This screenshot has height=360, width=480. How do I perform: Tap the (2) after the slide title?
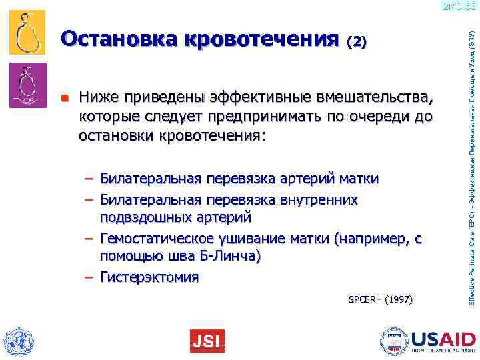[357, 41]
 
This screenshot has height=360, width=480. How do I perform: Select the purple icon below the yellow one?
[27, 85]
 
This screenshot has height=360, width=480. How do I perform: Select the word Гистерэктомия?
[149, 277]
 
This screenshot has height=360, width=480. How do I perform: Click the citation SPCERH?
[365, 300]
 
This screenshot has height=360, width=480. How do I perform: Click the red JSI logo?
[207, 341]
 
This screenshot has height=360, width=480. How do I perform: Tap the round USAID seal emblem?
[393, 341]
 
